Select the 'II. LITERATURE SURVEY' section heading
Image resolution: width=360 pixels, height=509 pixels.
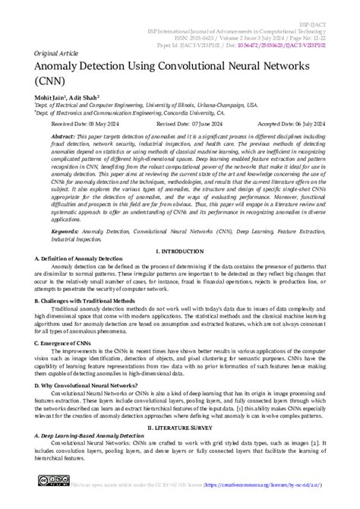point(180,428)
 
